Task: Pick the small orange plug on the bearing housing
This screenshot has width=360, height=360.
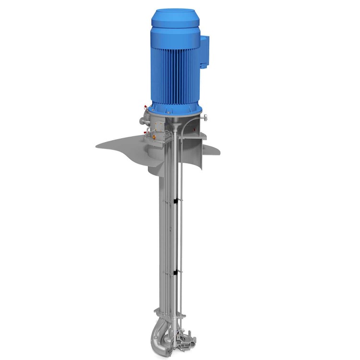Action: [155, 136]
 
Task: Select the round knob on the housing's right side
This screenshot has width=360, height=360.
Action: [205, 118]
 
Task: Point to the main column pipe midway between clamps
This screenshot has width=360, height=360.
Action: [163, 235]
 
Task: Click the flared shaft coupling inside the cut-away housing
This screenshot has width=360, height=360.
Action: [179, 126]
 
